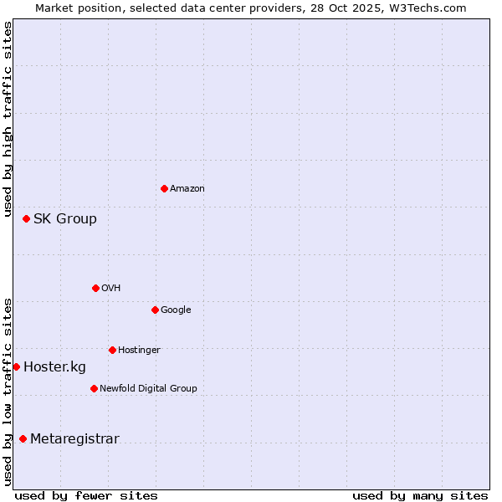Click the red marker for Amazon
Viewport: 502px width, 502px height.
(164, 188)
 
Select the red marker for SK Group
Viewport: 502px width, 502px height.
(26, 218)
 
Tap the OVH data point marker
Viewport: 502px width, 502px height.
(95, 288)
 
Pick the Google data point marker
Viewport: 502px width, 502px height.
(155, 310)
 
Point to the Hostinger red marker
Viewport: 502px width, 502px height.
(112, 350)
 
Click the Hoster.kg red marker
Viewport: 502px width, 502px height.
(16, 366)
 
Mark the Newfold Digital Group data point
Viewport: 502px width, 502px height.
(94, 388)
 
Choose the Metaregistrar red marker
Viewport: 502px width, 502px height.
(23, 438)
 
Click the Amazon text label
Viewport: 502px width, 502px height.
(187, 189)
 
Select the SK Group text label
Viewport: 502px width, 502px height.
(65, 219)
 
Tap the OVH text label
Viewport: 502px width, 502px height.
(111, 289)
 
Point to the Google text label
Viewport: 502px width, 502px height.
(176, 310)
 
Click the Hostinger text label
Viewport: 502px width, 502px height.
(139, 351)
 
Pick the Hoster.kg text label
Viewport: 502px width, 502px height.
(54, 367)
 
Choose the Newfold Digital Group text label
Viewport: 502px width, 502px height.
(148, 389)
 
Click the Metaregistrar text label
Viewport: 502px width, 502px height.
(74, 439)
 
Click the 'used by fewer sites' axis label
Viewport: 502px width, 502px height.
(86, 495)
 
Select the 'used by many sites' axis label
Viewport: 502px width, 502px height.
(420, 495)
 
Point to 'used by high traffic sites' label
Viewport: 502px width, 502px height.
(8, 120)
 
